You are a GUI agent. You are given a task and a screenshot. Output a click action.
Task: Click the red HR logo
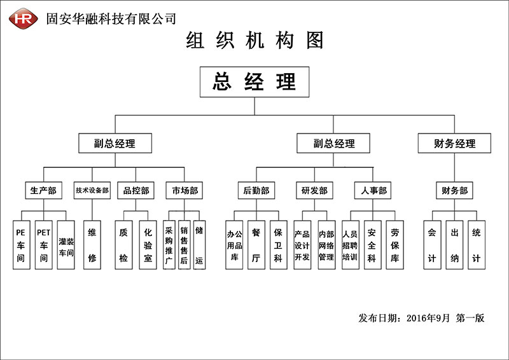23,18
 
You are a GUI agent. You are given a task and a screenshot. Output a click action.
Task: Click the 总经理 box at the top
254,82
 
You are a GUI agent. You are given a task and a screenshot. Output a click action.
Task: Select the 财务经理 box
454,143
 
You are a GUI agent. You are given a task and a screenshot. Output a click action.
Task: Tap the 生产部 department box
43,190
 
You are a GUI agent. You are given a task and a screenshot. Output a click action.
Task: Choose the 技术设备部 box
92,190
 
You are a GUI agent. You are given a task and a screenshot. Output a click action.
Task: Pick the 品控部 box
136,190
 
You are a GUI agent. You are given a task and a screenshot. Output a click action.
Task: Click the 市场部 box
185,190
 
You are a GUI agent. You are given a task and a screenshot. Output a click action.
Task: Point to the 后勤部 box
256,190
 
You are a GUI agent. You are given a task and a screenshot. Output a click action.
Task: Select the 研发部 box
314,190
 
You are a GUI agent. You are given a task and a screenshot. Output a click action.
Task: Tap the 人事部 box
373,190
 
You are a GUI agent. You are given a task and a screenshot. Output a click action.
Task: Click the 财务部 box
454,190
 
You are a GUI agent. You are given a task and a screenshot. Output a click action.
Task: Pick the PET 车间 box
43,245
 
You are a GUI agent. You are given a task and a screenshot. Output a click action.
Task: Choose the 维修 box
92,245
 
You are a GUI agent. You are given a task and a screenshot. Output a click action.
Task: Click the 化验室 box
148,245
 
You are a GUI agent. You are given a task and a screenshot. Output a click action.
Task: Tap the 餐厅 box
256,245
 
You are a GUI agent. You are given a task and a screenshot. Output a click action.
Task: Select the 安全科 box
373,245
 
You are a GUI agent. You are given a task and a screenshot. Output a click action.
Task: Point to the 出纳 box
454,245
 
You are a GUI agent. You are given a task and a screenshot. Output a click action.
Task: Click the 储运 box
199,245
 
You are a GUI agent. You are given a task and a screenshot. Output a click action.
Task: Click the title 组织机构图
254,40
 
